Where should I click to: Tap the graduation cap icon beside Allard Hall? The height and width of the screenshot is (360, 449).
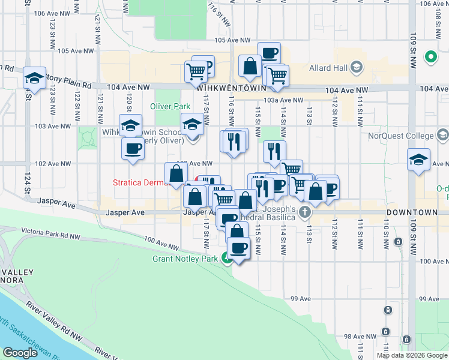pos(356,67)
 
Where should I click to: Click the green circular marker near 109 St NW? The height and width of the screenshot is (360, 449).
pos(430,58)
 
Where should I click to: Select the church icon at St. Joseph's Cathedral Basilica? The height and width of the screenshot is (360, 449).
pos(305,211)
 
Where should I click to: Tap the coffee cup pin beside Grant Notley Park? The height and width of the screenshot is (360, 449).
pos(238,248)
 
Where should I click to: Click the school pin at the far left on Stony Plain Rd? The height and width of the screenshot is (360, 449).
pos(35,78)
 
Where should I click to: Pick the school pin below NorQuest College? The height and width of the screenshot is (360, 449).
pos(418,160)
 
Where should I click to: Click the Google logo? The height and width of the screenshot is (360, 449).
pos(20,353)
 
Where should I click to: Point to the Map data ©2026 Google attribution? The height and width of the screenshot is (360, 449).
pos(411,355)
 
